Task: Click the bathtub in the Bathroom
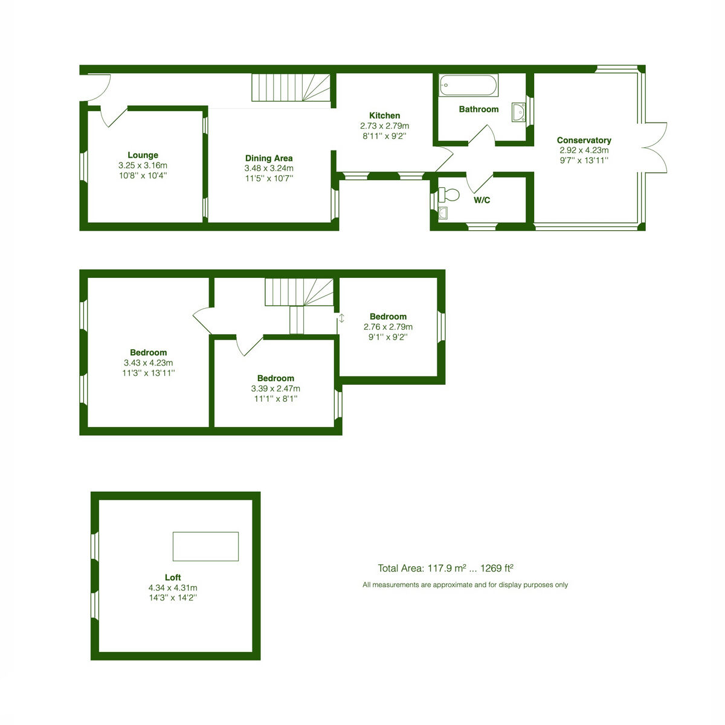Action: pos(468,85)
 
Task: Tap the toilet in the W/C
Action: pos(449,195)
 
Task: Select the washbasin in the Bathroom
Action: pos(518,112)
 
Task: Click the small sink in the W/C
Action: pos(443,213)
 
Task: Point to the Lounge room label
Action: pos(143,155)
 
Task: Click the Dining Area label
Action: pos(269,158)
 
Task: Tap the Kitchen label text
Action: pos(384,115)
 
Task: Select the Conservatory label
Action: pos(584,140)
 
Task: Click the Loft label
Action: pos(173,577)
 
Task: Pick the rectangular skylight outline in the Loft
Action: pos(205,546)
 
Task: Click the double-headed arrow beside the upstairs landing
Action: pos(341,318)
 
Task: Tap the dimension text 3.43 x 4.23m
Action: pos(148,362)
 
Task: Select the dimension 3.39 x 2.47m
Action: pos(275,388)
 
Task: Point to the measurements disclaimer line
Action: pos(465,585)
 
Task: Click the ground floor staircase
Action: pos(291,87)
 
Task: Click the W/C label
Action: pos(482,200)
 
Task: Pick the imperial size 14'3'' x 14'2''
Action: pos(173,598)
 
